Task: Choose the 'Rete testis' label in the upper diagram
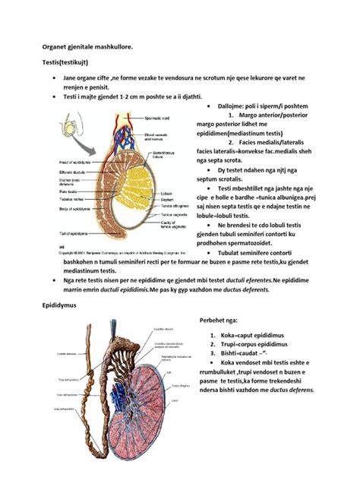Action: tap(67, 192)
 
